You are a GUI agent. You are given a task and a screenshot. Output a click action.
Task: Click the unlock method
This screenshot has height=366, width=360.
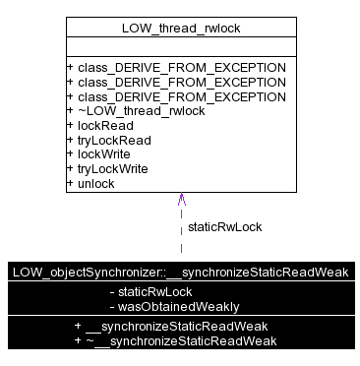click(95, 183)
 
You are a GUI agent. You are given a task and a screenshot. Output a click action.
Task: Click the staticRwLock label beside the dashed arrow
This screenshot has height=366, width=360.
click(224, 226)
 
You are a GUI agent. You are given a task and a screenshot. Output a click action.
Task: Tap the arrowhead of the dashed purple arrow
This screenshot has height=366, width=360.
click(181, 198)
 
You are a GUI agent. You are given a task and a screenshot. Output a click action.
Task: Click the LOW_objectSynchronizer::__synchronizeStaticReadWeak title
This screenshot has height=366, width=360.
click(180, 273)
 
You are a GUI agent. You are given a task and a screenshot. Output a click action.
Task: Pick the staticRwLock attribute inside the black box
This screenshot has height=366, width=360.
click(154, 292)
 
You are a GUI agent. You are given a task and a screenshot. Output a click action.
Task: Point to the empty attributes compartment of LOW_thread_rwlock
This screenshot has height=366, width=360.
click(181, 48)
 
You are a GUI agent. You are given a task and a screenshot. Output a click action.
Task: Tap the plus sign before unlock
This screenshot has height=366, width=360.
click(70, 183)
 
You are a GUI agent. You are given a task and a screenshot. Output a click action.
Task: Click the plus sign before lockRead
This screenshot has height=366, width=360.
click(70, 126)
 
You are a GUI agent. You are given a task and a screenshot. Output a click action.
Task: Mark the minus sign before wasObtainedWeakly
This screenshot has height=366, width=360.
click(112, 306)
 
